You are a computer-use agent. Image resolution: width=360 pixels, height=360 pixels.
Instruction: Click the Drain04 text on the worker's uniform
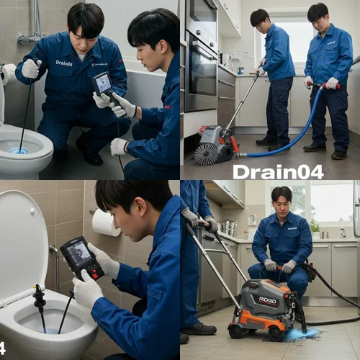click(63, 63)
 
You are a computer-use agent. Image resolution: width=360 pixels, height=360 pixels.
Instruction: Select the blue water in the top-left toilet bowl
click(18, 151)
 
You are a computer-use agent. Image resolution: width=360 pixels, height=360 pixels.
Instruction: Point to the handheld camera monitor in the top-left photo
click(103, 84)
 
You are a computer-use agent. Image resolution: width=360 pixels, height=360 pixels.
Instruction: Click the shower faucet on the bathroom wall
click(32, 37)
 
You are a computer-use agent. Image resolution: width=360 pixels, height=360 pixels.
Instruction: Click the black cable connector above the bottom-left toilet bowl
click(39, 297)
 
